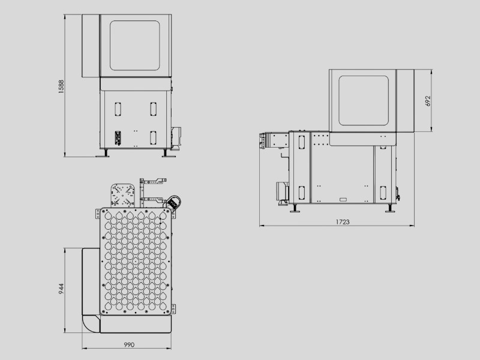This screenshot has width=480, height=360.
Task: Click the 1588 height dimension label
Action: [x=61, y=86]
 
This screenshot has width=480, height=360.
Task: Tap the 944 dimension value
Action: [x=61, y=289]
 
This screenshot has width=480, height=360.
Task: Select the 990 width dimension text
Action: [x=129, y=344]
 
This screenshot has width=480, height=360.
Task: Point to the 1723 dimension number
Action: [x=343, y=222]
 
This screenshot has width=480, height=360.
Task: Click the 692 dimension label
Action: [x=428, y=101]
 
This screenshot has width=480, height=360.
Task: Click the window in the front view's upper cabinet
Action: [x=134, y=46]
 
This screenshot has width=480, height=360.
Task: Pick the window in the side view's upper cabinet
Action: [x=364, y=100]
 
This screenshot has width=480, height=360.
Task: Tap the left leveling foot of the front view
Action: [x=104, y=154]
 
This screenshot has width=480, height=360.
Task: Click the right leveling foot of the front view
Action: [x=167, y=154]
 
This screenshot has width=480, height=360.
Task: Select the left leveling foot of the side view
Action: [x=295, y=208]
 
